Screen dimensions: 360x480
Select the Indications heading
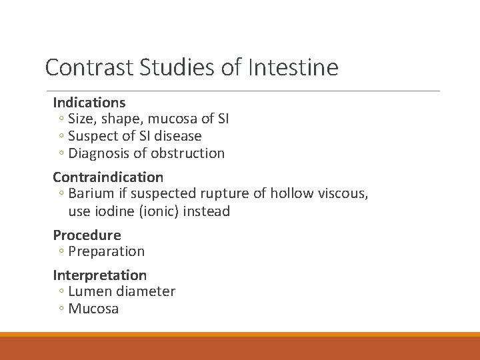[89, 103]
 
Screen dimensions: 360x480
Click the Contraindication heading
[108, 177]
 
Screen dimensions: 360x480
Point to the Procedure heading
[87, 235]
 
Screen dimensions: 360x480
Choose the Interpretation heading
[100, 275]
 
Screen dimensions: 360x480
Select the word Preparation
[107, 252]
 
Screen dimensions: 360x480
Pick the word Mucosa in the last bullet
[93, 309]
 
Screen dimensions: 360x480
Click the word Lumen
[90, 291]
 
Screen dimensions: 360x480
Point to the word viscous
[339, 194]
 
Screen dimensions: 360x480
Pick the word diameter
[145, 291]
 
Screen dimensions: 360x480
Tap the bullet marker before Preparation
[61, 252]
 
